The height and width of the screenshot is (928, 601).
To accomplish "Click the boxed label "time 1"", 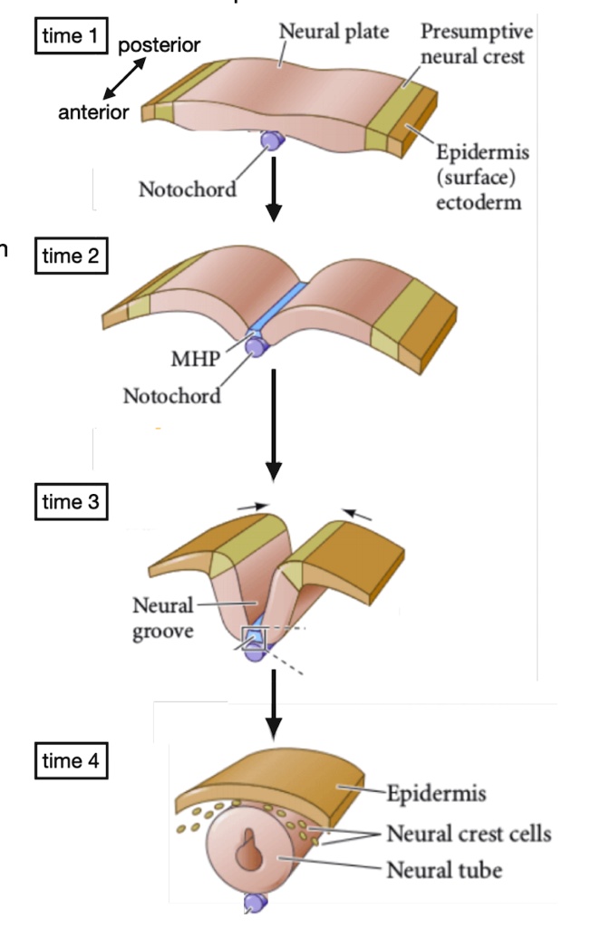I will (71, 37).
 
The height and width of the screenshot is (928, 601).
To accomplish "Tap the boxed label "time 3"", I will (71, 501).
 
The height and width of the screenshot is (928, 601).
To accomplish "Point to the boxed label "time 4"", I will (71, 760).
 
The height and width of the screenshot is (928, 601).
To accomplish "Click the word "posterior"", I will (160, 44).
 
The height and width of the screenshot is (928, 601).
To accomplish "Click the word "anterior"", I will (93, 112).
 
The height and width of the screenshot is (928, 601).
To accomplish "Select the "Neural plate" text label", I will (334, 32).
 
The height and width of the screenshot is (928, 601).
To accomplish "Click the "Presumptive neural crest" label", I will (476, 43).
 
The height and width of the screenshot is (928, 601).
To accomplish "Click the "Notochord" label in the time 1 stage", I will (188, 189).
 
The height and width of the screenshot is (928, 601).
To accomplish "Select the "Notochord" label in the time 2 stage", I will (172, 396).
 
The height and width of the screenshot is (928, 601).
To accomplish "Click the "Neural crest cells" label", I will (468, 832).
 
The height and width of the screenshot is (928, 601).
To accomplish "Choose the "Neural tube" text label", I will (443, 870).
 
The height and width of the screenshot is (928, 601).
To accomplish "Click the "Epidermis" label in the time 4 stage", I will (436, 794).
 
